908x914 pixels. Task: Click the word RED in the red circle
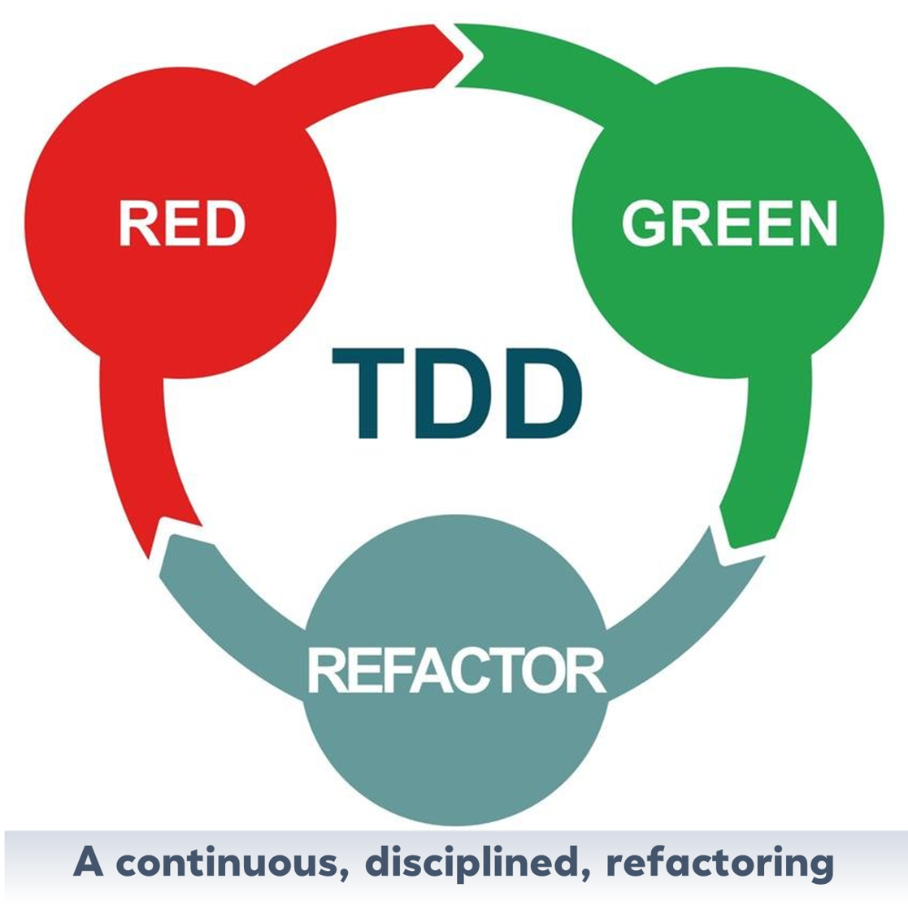(x=181, y=224)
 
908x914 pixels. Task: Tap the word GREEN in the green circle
(x=728, y=224)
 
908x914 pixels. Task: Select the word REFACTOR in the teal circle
(x=456, y=670)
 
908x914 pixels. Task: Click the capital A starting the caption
(x=89, y=861)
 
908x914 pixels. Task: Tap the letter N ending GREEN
(x=815, y=224)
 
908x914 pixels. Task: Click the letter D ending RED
(x=225, y=224)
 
